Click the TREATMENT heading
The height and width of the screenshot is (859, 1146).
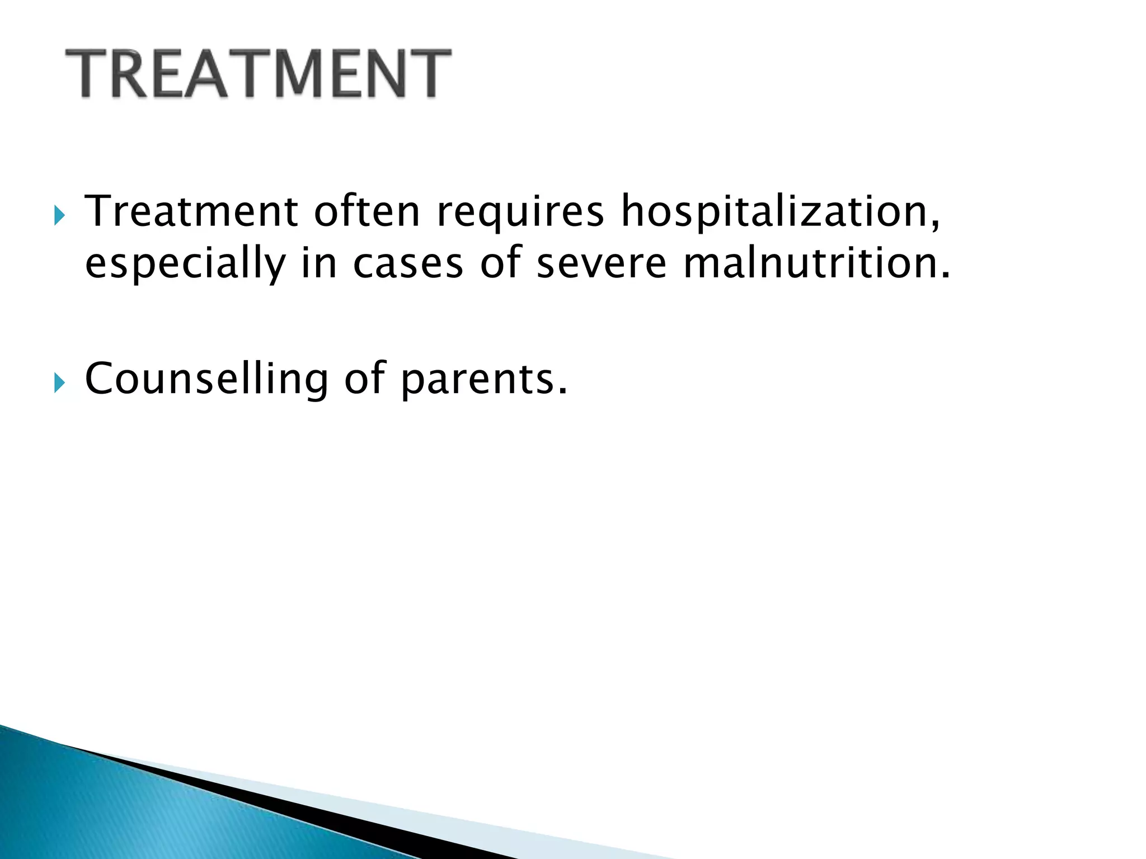pos(258,74)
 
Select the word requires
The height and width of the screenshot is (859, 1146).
pos(520,213)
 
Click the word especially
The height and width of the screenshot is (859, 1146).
pos(185,264)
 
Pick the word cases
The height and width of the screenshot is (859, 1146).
pos(408,264)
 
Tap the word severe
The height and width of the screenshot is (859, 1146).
pos(602,264)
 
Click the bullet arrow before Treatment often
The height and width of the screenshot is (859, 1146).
pos(59,215)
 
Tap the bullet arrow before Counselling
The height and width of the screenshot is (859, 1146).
pos(59,384)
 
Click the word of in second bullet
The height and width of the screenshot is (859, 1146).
pos(364,379)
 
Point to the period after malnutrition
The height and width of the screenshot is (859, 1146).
pos(945,276)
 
